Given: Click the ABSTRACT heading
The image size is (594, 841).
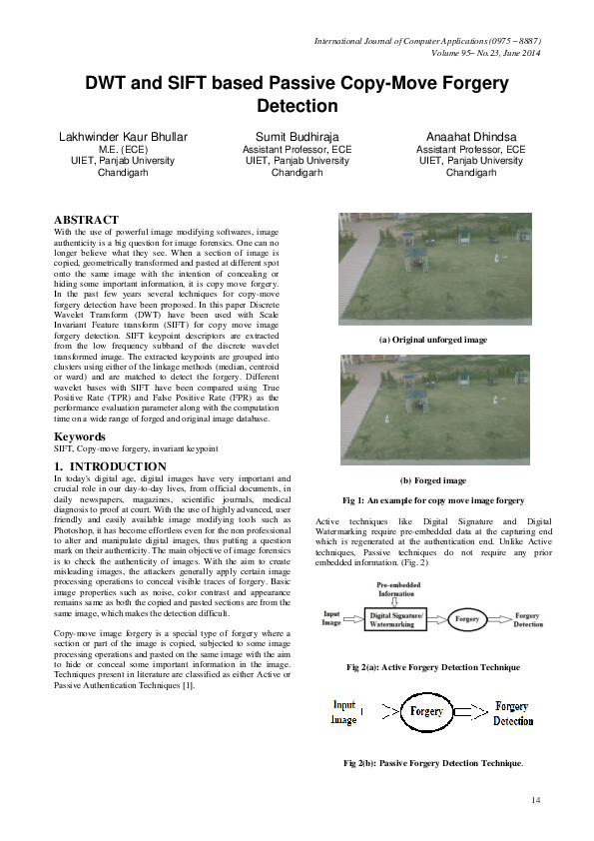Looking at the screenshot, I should (86, 220).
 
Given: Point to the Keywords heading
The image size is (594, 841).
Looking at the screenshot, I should (81, 436).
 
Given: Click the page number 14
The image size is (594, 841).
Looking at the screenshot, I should (535, 799).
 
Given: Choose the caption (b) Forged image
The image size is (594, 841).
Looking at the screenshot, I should (433, 480).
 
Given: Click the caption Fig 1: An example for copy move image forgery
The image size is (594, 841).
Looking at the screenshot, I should (433, 499).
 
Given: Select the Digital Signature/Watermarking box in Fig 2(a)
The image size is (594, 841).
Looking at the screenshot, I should (397, 619).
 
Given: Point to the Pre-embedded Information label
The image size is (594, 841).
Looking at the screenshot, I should (397, 588).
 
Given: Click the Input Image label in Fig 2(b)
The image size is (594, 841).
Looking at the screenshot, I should (343, 712).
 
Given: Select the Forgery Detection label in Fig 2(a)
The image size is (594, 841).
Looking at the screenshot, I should (528, 619).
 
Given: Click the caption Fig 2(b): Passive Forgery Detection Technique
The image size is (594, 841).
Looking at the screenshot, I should (433, 763).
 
